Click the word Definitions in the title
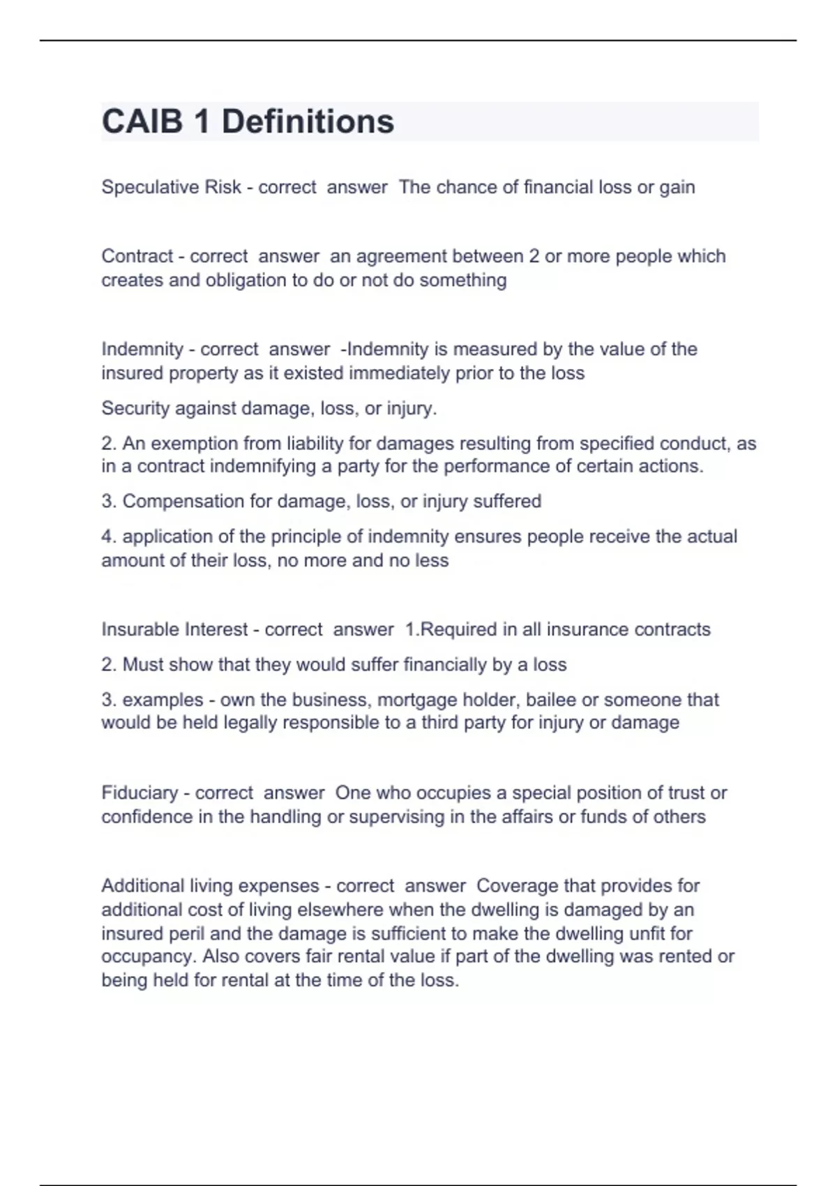pyautogui.click(x=308, y=121)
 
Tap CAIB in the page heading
pyautogui.click(x=142, y=121)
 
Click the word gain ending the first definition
pyautogui.click(x=677, y=187)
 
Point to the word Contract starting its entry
pyautogui.click(x=137, y=256)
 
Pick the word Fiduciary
pyautogui.click(x=139, y=793)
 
